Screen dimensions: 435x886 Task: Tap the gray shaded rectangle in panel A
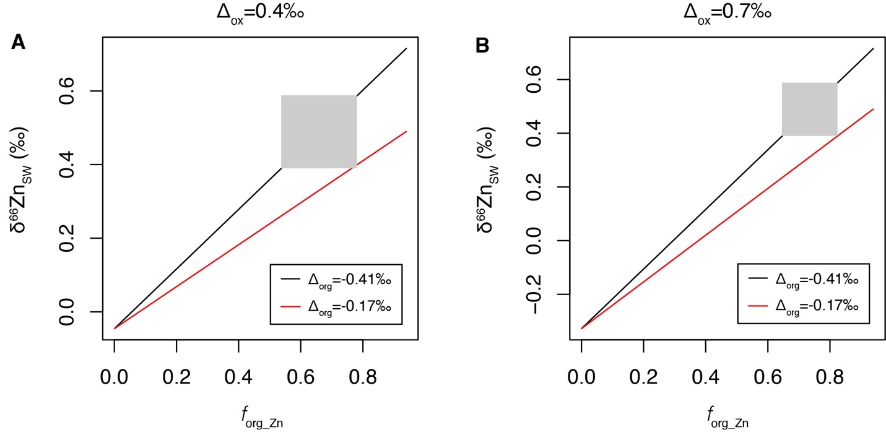[x=319, y=132]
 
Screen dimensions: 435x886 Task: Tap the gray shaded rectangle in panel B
[x=809, y=109]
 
